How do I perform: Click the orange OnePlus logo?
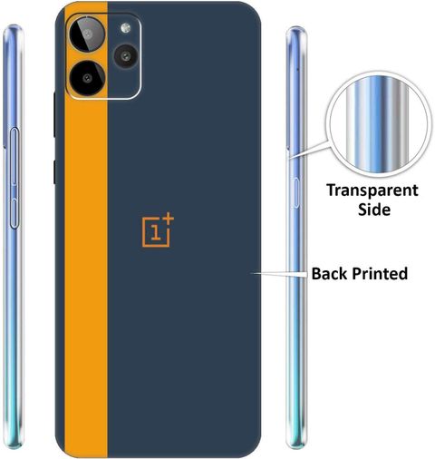coord(158,230)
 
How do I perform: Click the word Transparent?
coord(372,191)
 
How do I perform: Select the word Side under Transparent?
coord(374,210)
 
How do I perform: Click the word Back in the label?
coord(330,273)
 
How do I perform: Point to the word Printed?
coord(380,273)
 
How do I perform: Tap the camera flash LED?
coord(125,28)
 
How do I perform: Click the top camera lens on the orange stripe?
coord(87,34)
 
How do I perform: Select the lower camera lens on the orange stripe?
coord(87,78)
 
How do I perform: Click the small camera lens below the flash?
coord(125,56)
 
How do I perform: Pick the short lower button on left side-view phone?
coord(14,212)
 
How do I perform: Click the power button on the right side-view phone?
coord(295,193)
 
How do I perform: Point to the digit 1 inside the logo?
coord(156,232)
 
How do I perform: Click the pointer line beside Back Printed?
coord(280,274)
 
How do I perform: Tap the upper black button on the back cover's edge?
coord(54,114)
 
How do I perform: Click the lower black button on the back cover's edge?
coord(54,172)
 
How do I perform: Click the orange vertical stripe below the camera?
coord(86,272)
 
